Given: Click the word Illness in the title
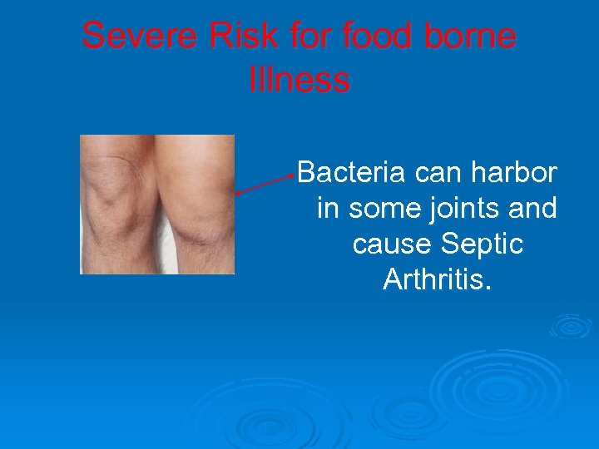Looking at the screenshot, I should click(x=299, y=80).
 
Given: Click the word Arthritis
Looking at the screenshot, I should click(x=438, y=280).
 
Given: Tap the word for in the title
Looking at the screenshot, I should click(x=305, y=37).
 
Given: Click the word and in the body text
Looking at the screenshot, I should click(x=532, y=209).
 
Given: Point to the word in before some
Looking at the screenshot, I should click(x=328, y=209).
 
